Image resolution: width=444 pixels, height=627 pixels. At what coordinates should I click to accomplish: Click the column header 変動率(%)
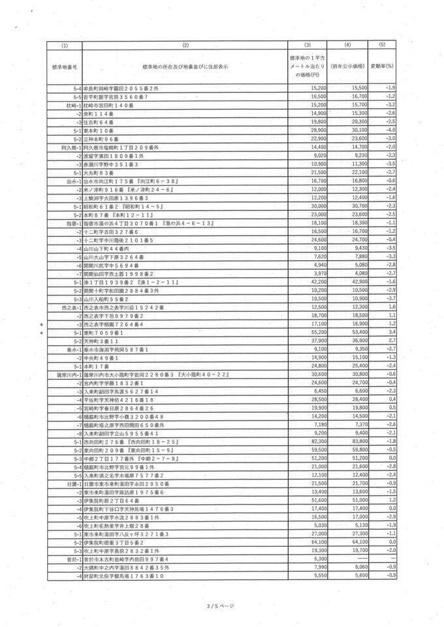pos(382,66)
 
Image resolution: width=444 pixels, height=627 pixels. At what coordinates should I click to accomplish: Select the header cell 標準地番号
pos(64,67)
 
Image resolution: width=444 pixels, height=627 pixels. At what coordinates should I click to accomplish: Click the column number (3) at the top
pos(308,45)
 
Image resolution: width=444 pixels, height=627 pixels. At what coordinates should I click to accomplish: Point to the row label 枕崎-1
pos(73,104)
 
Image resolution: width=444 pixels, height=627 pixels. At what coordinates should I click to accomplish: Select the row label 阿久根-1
pos(71,147)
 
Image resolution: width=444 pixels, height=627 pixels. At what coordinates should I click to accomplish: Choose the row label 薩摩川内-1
pos(68,375)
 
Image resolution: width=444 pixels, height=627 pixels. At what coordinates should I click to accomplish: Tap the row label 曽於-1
pos(72,559)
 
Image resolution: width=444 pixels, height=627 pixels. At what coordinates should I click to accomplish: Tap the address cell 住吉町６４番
pos(99,122)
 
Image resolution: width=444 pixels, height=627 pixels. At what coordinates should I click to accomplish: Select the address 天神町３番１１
pos(101,341)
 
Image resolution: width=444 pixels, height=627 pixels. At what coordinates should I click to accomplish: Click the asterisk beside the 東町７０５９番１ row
pos(41,333)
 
